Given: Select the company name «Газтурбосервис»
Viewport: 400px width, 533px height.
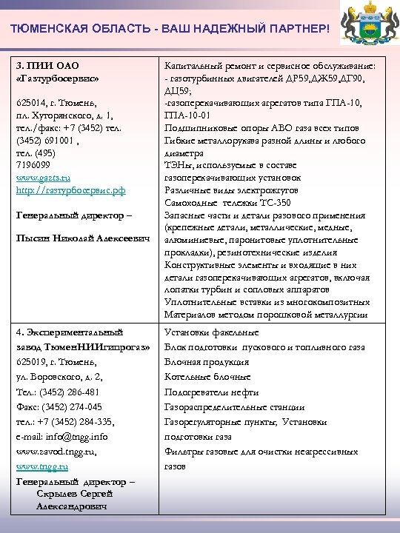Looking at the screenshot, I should pos(56,76).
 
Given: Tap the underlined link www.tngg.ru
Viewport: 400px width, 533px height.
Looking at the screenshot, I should pos(41,466).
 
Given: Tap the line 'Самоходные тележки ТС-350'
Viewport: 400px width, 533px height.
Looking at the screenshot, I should pos(227,203).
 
